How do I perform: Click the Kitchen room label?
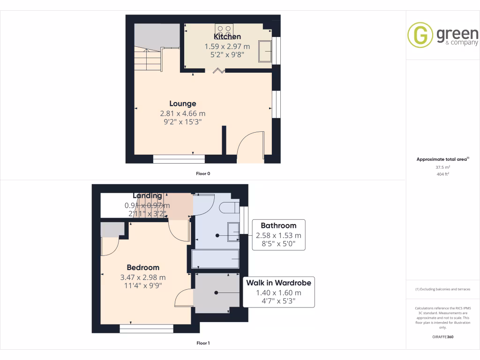pos(227,37)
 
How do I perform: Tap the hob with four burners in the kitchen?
pos(224,31)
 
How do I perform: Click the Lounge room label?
pos(183,104)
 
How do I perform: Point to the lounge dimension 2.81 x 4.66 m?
pos(183,113)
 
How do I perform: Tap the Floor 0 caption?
pos(203,173)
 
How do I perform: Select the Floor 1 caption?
pos(203,343)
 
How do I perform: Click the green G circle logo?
pos(420,35)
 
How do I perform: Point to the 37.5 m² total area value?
pos(443,167)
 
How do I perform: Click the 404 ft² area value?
pos(443,174)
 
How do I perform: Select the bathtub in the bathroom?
pos(216,259)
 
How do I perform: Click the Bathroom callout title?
pos(278,225)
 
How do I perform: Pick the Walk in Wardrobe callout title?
pos(278,283)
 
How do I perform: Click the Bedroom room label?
pos(143,267)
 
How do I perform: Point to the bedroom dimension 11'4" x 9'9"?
pos(143,285)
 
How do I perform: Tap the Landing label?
pos(147,195)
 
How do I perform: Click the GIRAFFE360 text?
pos(443,337)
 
